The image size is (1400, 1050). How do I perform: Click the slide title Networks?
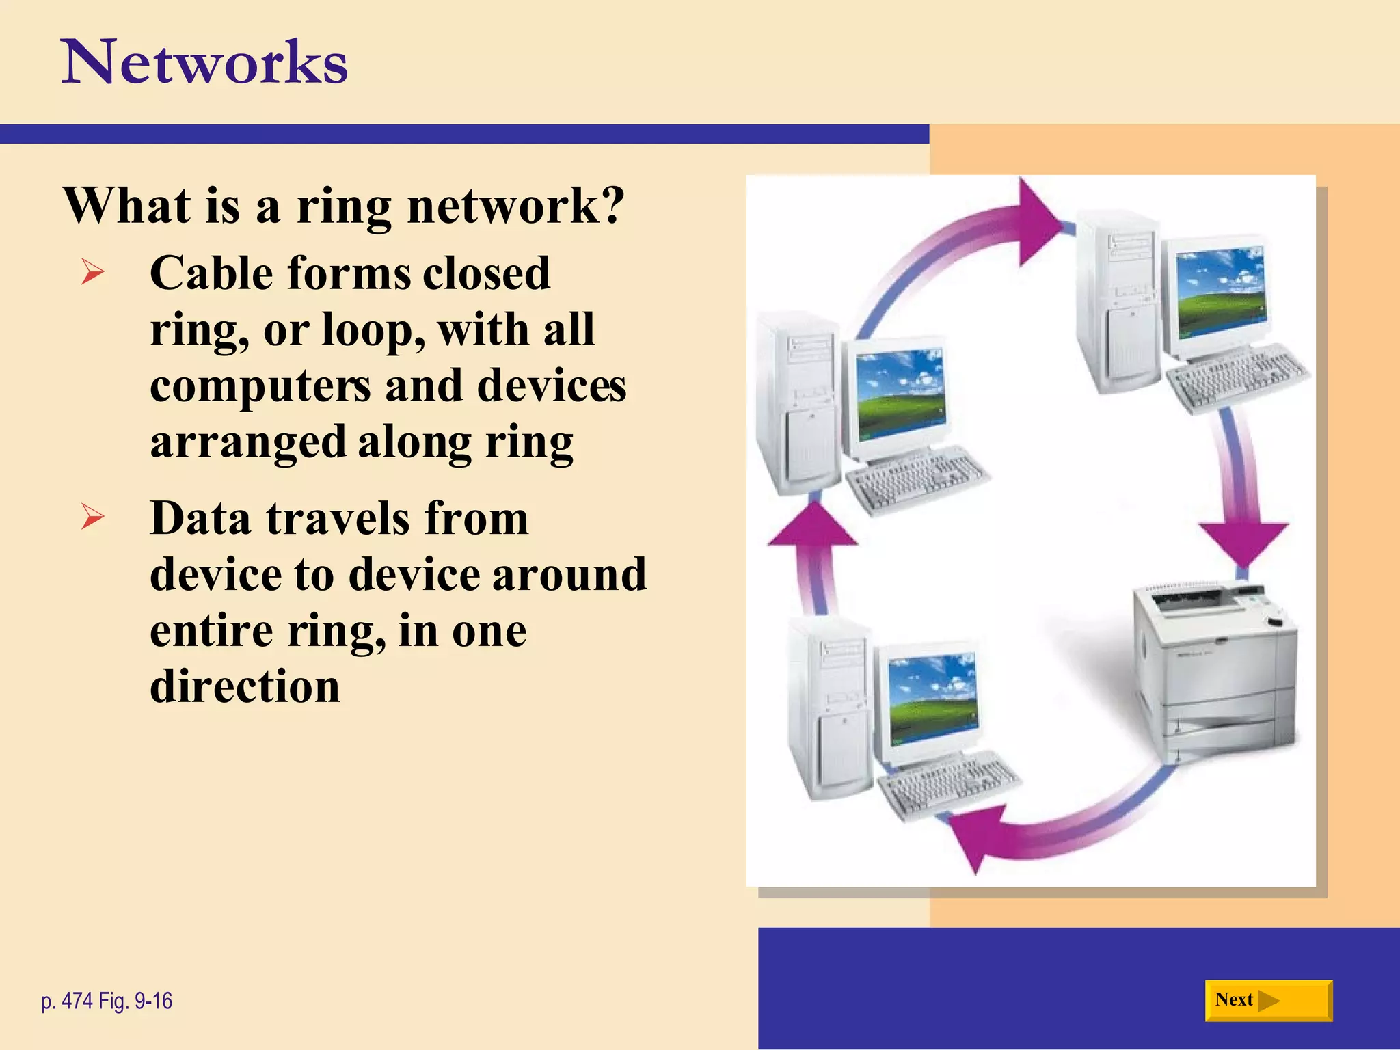point(205,63)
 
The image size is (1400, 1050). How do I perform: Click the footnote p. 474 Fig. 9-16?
point(107,1001)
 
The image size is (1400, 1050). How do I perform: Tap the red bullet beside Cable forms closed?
point(92,273)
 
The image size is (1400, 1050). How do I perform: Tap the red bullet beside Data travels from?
point(92,517)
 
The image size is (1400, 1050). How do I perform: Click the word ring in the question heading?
point(344,206)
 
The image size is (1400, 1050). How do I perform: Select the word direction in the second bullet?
point(245,686)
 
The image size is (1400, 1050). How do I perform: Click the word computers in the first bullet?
point(260,386)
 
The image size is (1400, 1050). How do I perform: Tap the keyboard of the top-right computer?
point(1237,379)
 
